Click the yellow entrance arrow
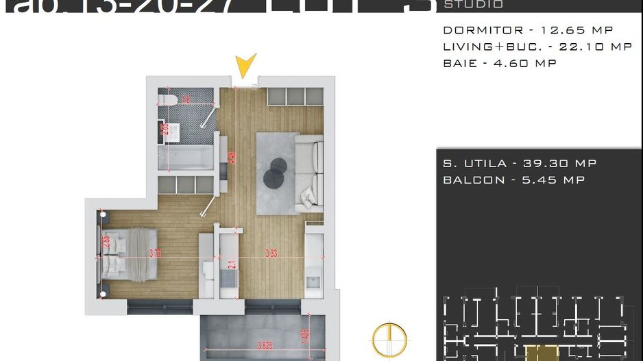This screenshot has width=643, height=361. click(x=245, y=66)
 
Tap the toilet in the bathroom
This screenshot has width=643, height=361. click(x=171, y=101)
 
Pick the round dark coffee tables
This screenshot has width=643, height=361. click(x=276, y=171)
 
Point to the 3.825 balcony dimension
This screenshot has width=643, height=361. click(x=256, y=345)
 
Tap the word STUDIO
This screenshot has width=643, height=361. click(x=473, y=5)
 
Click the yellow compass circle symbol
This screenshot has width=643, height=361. click(x=389, y=339)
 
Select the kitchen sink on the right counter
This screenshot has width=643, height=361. click(x=313, y=281)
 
